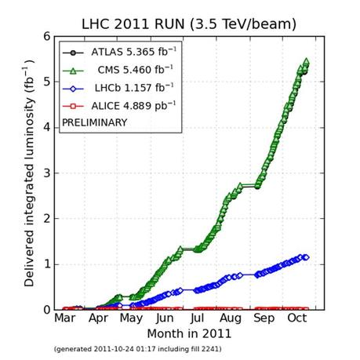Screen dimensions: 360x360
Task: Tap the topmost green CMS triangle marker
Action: [x=306, y=61]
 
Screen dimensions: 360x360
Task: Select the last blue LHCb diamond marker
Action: [x=306, y=257]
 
